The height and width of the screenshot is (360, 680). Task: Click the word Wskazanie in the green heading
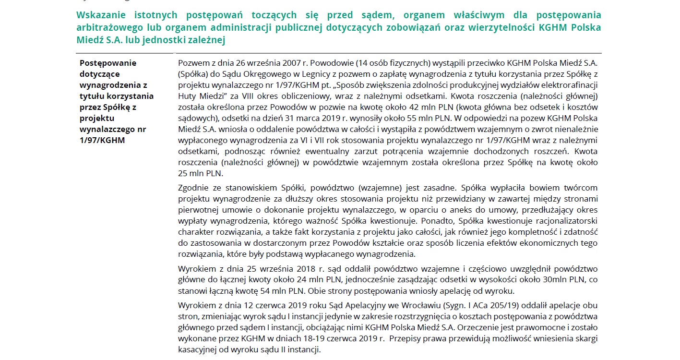coord(103,15)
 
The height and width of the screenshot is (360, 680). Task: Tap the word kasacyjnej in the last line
coord(197,350)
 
